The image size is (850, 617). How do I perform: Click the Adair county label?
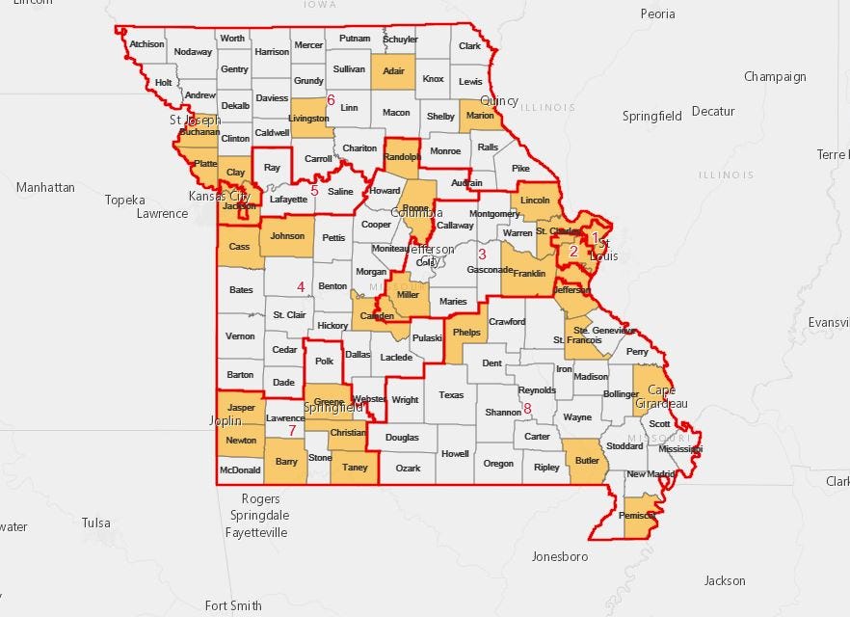[x=392, y=71]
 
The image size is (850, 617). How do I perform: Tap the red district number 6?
[x=331, y=100]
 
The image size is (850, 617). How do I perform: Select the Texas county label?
[x=451, y=394]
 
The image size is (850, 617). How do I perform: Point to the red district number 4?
[x=301, y=286]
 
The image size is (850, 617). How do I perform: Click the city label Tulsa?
[x=96, y=523]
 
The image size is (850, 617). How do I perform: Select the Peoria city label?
[x=657, y=14]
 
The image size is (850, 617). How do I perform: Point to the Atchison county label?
[x=146, y=44]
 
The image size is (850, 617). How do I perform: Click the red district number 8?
[x=527, y=409]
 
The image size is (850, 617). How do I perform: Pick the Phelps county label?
[x=466, y=333]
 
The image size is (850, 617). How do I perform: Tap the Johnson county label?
[x=287, y=235]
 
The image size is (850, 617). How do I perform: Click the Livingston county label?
[x=309, y=119]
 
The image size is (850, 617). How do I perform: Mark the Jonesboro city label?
[x=560, y=556]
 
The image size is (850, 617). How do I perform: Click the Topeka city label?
[x=125, y=200]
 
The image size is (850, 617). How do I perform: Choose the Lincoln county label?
[x=535, y=201]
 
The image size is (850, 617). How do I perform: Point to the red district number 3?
[x=482, y=254]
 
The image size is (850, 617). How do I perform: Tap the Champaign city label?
[x=775, y=77]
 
